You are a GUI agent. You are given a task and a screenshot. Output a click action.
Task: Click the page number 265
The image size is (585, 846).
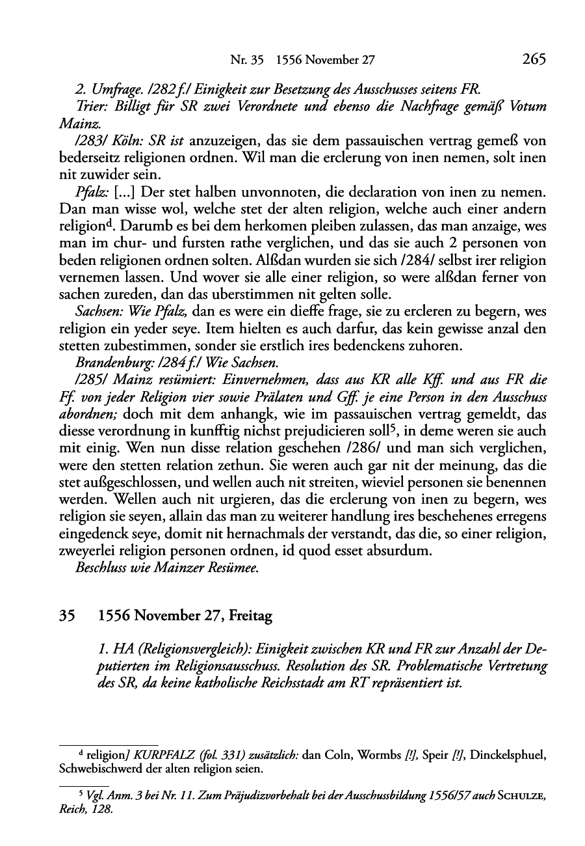(x=532, y=60)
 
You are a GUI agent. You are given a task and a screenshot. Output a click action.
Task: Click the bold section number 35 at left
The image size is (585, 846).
(x=67, y=616)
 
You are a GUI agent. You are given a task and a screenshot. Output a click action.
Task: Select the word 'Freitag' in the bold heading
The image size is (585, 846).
(x=250, y=616)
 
